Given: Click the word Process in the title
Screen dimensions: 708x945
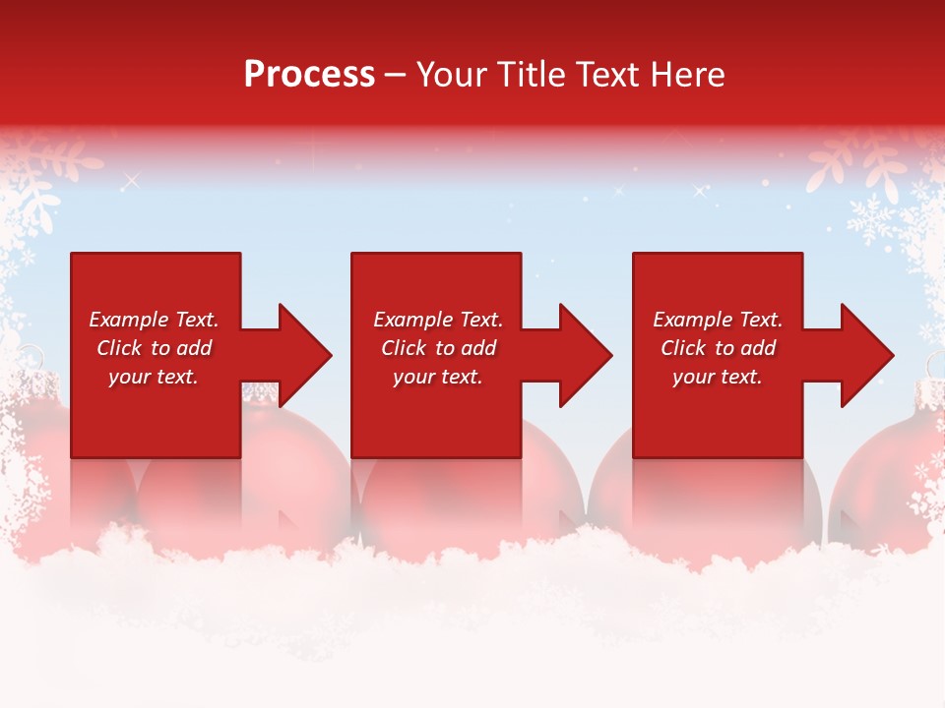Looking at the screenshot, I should [309, 75].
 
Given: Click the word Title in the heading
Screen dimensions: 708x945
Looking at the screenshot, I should [529, 75].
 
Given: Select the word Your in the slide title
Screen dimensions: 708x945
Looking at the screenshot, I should [452, 75].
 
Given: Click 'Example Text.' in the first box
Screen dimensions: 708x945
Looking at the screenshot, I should [154, 320].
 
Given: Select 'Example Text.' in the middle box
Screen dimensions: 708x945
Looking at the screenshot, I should [437, 320].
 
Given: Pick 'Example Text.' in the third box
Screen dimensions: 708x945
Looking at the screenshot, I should [717, 320].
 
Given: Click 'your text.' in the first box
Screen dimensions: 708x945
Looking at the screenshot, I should [154, 377].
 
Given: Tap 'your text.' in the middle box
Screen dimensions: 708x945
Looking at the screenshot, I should [437, 377].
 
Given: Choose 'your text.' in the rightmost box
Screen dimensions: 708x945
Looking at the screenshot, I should [717, 377].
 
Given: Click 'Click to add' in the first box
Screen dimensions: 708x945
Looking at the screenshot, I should [154, 348].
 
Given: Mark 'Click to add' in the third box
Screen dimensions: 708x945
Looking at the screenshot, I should [717, 348].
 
